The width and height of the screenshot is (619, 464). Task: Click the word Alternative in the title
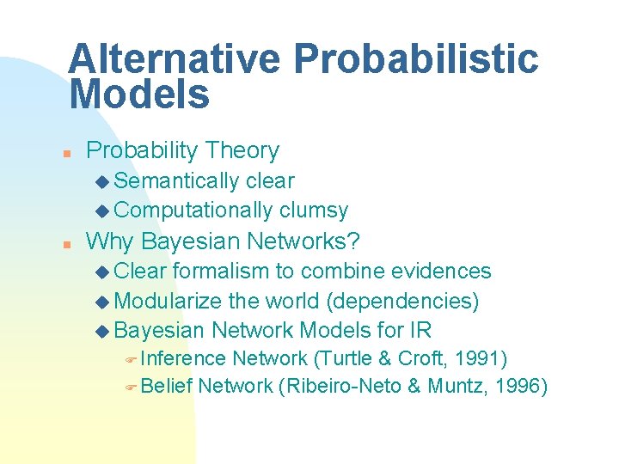click(x=173, y=59)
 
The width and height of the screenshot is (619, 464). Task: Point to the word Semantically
click(x=176, y=181)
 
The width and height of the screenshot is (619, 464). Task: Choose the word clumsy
click(x=314, y=211)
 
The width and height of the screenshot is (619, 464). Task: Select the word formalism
click(x=221, y=272)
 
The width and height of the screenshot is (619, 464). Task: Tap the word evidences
click(x=441, y=272)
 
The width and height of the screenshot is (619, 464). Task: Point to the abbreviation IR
click(x=421, y=330)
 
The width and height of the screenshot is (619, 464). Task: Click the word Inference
click(x=183, y=358)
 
